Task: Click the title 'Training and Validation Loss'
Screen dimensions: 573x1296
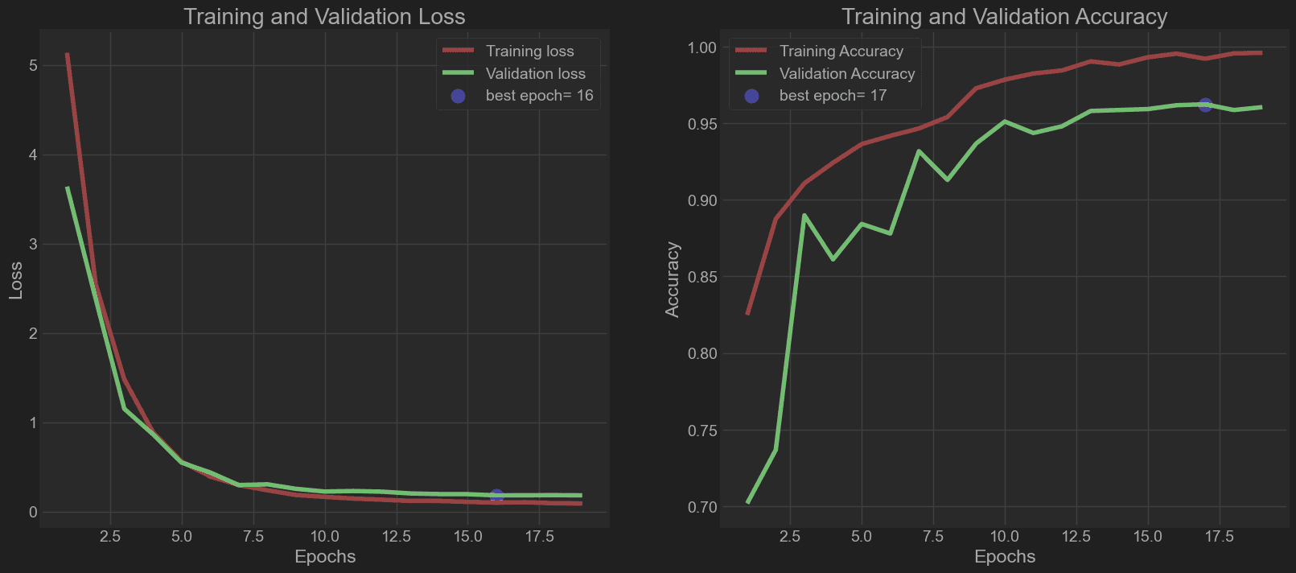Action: pos(324,17)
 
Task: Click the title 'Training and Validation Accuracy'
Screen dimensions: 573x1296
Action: pos(1004,17)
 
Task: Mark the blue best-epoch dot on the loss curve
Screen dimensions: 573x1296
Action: pos(496,496)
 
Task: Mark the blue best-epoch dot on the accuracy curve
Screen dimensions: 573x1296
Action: pos(1205,105)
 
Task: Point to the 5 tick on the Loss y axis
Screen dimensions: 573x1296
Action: pos(33,65)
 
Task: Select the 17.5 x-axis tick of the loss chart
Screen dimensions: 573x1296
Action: pos(539,537)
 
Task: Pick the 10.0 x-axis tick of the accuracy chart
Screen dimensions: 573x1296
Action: pos(1004,537)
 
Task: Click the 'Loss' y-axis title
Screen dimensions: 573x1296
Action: pos(16,280)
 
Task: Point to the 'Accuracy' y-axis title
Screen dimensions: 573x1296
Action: pos(673,279)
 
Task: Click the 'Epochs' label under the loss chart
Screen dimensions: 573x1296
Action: pos(325,557)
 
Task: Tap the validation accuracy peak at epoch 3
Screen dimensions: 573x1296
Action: pos(804,216)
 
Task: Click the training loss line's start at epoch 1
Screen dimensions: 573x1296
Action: pos(68,55)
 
